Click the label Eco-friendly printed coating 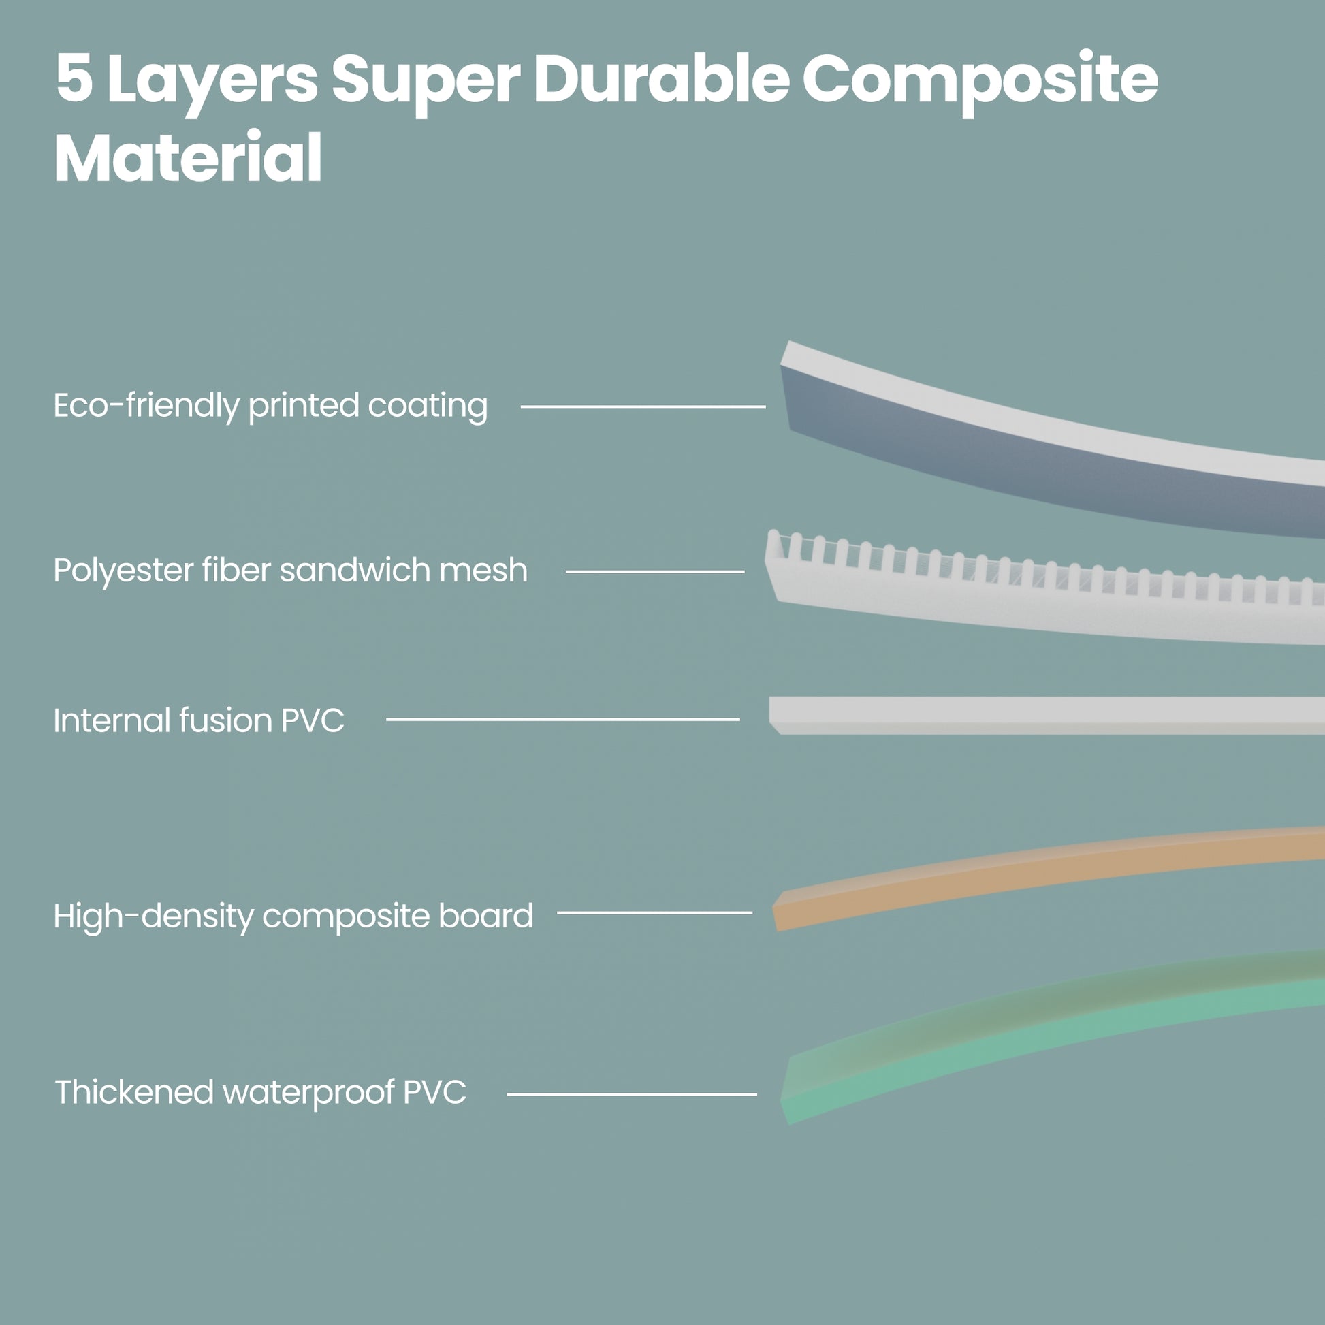click(x=270, y=405)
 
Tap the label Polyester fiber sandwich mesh click(x=290, y=570)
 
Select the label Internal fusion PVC click(x=199, y=720)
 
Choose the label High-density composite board click(x=293, y=916)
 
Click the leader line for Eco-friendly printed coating click(x=643, y=406)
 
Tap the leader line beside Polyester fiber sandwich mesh click(x=654, y=571)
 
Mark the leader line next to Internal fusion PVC click(x=562, y=720)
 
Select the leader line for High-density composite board click(x=654, y=913)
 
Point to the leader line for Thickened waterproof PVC click(x=631, y=1094)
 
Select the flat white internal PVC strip click(x=1042, y=715)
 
